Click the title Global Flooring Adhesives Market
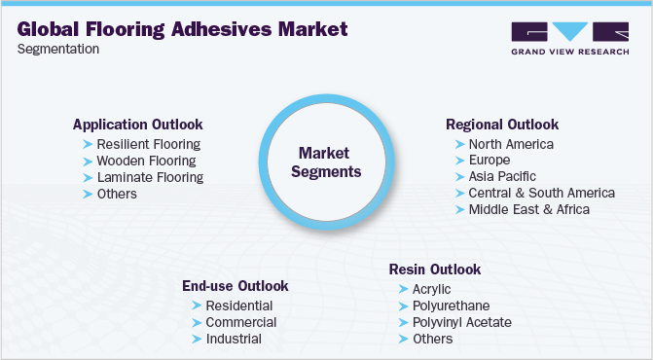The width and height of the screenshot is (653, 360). (x=182, y=29)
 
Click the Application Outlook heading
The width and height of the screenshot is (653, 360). (x=138, y=125)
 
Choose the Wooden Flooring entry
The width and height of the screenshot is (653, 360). (x=146, y=161)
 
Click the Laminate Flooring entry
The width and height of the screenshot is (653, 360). (x=150, y=177)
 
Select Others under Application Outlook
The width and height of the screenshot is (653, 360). (x=117, y=194)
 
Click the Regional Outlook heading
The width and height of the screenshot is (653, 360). (x=502, y=125)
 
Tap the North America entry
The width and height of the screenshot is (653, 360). (x=511, y=144)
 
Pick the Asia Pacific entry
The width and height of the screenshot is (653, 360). (x=502, y=176)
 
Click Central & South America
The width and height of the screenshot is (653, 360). (x=541, y=193)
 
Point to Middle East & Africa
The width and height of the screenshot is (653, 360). (x=528, y=209)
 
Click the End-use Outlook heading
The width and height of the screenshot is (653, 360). (x=236, y=286)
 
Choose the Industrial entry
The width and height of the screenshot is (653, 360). (x=234, y=339)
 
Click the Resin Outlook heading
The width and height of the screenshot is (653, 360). (x=434, y=270)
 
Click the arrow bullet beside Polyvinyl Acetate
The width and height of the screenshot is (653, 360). (x=404, y=322)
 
